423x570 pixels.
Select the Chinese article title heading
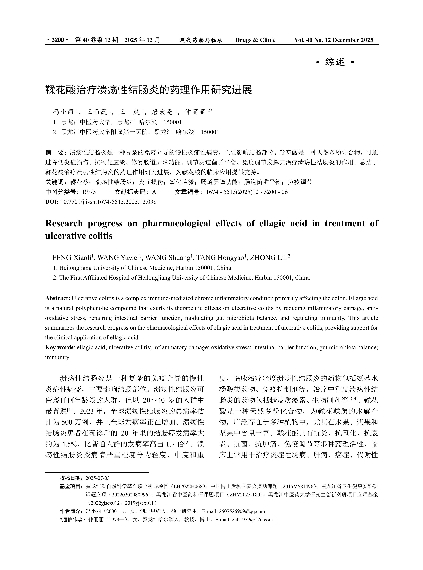tap(149, 90)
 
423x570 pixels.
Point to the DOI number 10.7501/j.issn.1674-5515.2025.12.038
tap(108, 202)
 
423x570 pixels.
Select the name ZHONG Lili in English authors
tap(269, 258)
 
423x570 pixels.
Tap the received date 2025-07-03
tap(98, 478)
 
